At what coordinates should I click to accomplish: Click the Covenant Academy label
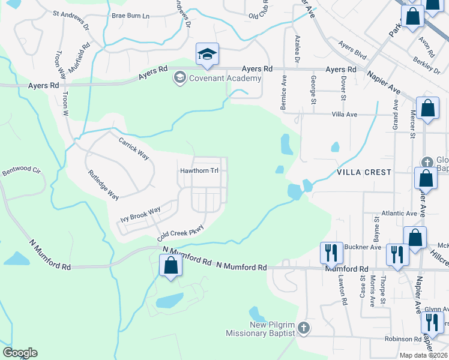225,79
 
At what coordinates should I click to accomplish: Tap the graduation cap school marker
207,55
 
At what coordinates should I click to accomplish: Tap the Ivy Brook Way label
140,211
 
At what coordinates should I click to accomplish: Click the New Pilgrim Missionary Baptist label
261,329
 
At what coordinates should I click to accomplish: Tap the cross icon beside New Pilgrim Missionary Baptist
304,328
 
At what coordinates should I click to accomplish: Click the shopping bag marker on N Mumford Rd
170,266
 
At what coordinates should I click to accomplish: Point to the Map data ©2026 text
423,355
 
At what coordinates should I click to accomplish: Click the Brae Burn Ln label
130,15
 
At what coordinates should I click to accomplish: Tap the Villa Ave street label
344,114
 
